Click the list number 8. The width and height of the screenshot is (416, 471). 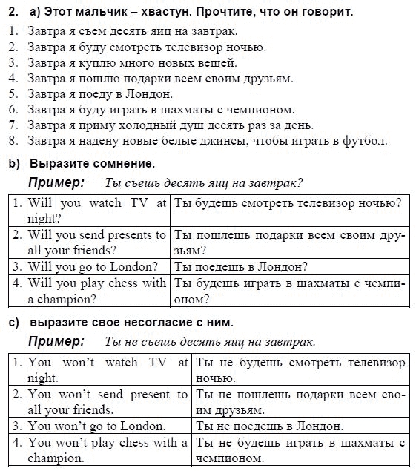tap(13, 141)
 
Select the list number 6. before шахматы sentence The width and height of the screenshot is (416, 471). tap(13, 110)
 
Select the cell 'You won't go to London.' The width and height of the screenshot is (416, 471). tap(96, 426)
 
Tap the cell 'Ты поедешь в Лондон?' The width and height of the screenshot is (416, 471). tap(241, 266)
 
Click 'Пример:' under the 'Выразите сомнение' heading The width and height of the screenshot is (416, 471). tap(56, 182)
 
